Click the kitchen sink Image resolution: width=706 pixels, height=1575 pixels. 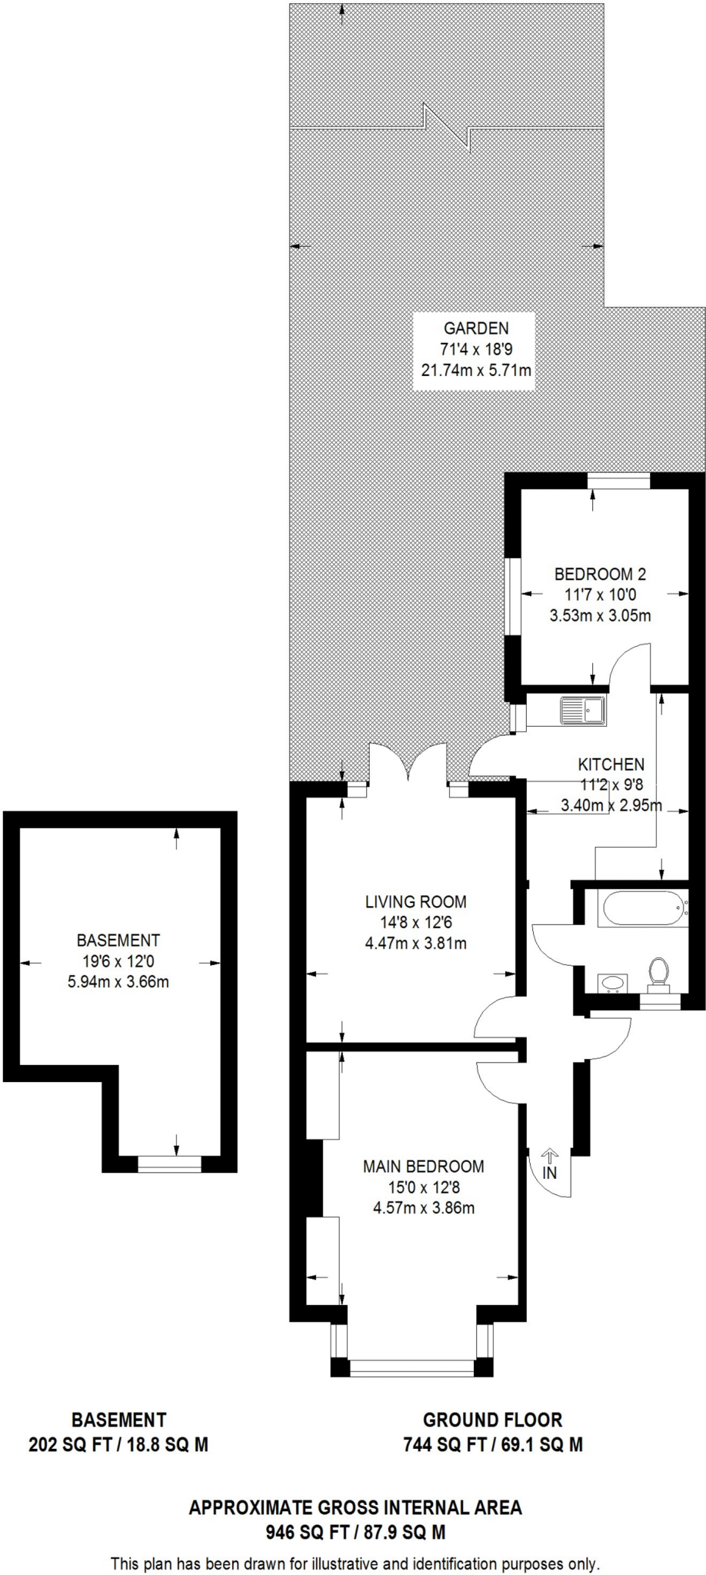point(583,710)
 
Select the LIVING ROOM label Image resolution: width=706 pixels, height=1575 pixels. point(415,901)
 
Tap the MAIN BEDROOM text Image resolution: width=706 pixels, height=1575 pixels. point(424,1166)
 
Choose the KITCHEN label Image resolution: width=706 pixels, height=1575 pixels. point(611,764)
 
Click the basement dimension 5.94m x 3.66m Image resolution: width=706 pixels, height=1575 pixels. point(118,981)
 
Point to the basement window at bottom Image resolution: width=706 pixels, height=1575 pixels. point(169,1164)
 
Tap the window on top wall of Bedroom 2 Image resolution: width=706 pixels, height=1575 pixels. point(619,481)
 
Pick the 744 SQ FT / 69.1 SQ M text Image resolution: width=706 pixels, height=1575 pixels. point(493,1444)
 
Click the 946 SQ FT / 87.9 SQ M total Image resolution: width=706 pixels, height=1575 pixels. point(355,1532)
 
